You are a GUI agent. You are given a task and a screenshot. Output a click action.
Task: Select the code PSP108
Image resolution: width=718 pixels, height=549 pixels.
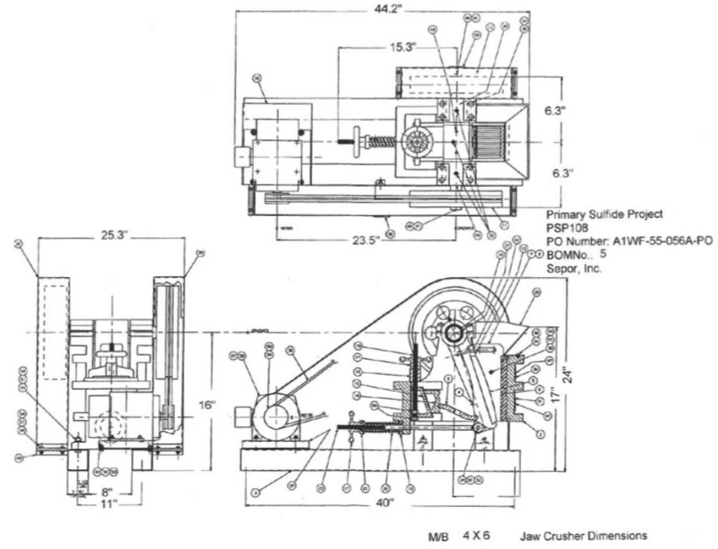pos(564,227)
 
